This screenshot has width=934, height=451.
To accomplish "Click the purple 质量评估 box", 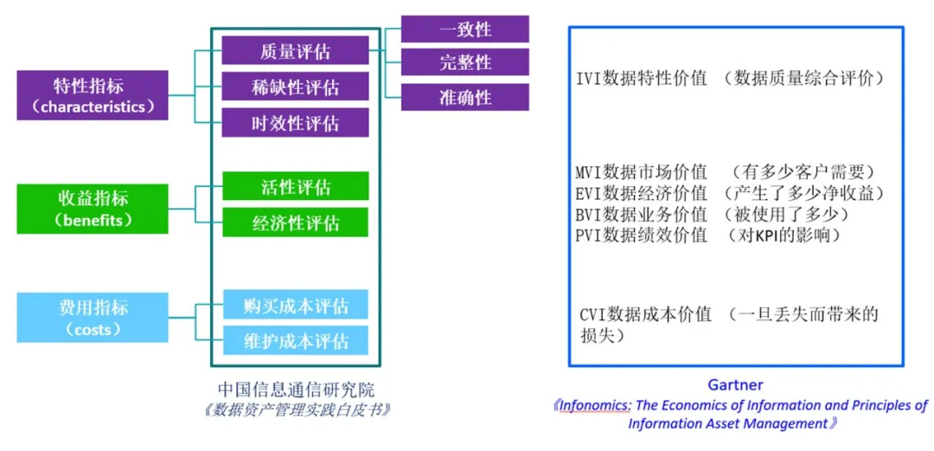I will tap(295, 51).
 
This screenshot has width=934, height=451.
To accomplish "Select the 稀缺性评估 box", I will tap(295, 87).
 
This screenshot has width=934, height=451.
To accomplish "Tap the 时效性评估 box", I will tap(295, 123).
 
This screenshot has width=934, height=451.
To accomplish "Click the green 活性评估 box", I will tap(295, 187).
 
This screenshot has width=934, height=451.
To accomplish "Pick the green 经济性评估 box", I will tap(295, 222).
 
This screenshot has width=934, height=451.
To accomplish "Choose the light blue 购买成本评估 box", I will tap(295, 306).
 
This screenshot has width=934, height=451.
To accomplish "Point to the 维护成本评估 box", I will tap(295, 340).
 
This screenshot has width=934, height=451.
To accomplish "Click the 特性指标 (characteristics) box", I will tap(93, 95).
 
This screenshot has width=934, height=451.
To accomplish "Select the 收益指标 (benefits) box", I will tap(93, 208).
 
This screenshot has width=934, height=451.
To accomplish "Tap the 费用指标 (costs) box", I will tap(93, 318).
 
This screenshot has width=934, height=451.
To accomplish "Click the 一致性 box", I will tap(464, 29).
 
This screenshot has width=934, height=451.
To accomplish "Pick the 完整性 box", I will tap(464, 62).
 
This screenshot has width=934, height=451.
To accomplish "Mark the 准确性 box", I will tap(464, 96).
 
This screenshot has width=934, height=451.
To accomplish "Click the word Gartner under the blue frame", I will tap(735, 384).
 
